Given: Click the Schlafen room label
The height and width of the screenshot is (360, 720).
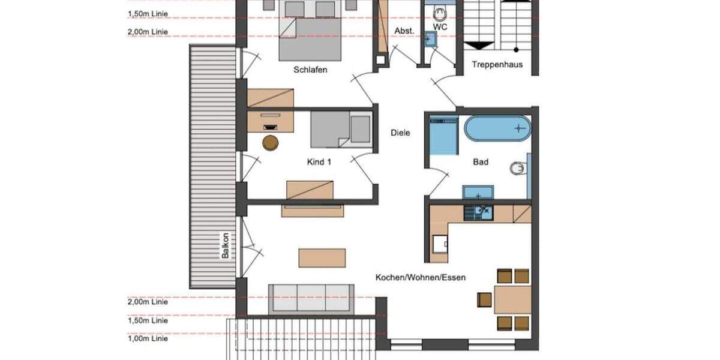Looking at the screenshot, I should [310, 70].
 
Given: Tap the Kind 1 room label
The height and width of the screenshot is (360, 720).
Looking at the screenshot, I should [319, 162].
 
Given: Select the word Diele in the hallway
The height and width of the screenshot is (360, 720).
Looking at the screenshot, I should [400, 133].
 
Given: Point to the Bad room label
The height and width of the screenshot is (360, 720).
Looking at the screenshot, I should [481, 162].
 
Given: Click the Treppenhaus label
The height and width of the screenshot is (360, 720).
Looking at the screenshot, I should [497, 65].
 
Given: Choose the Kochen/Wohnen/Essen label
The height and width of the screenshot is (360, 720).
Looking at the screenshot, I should [421, 277].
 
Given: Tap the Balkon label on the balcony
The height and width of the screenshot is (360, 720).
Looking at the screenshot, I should [225, 245].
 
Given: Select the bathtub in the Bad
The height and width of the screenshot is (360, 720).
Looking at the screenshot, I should [498, 128].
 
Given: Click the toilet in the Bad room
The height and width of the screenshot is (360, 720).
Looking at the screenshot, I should [517, 169].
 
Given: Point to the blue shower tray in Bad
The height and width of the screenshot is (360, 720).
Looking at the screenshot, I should [443, 136].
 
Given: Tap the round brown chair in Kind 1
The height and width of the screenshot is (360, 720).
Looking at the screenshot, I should [271, 142].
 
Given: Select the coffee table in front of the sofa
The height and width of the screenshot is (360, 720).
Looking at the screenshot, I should [322, 257].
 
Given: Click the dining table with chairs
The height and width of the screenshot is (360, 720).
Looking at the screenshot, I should [512, 299].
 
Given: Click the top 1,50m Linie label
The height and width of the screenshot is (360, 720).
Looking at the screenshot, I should [148, 13].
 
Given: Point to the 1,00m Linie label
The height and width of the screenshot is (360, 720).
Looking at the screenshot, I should [148, 339].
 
